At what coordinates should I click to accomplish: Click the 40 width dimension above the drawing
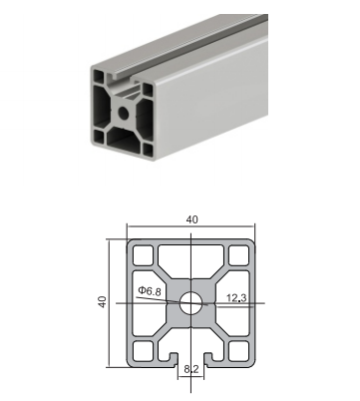[x=191, y=219]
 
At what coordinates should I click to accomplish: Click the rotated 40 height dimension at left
[x=103, y=301]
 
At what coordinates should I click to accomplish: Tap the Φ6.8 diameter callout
[x=150, y=291]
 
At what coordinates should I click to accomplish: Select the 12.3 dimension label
[x=236, y=298]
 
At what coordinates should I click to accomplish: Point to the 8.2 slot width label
[x=191, y=369]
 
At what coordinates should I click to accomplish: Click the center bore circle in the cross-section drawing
[x=191, y=303]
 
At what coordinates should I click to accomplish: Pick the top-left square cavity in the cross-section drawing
[x=144, y=255]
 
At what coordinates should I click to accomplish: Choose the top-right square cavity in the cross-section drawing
[x=239, y=255]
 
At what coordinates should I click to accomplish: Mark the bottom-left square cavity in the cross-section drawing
[x=144, y=351]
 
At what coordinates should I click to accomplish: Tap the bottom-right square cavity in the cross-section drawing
[x=239, y=351]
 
